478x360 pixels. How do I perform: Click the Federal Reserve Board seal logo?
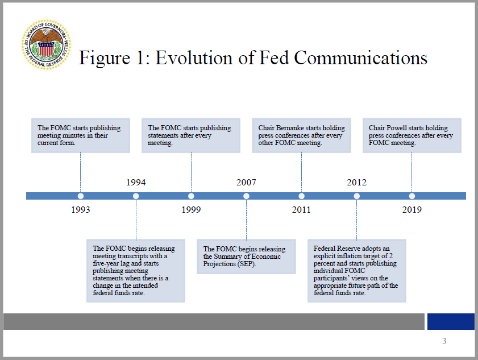click(x=46, y=44)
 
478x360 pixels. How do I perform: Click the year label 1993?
click(x=81, y=210)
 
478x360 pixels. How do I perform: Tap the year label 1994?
click(x=136, y=183)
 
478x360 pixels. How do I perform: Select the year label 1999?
click(x=191, y=210)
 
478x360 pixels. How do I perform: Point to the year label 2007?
click(x=246, y=183)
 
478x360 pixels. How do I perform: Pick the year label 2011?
click(x=301, y=210)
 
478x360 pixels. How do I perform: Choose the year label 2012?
click(x=357, y=183)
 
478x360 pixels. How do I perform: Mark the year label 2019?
click(x=412, y=210)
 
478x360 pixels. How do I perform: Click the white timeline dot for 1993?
click(x=81, y=196)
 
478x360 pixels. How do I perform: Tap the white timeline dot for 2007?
click(x=246, y=196)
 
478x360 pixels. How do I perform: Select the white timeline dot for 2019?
click(x=412, y=196)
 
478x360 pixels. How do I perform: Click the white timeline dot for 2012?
click(x=357, y=196)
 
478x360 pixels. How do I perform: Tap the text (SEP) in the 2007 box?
click(x=247, y=264)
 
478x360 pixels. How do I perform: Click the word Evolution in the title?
click(x=195, y=57)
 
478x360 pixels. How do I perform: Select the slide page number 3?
click(x=444, y=341)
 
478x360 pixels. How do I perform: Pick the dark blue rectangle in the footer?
click(x=451, y=321)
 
